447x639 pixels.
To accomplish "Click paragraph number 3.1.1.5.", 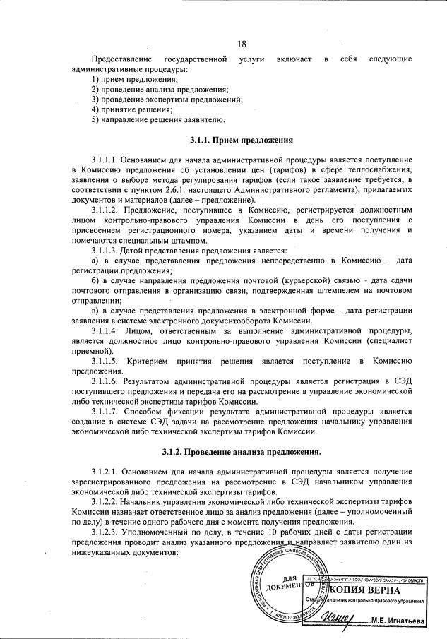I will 106,362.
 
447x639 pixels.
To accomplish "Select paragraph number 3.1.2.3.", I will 106,530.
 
